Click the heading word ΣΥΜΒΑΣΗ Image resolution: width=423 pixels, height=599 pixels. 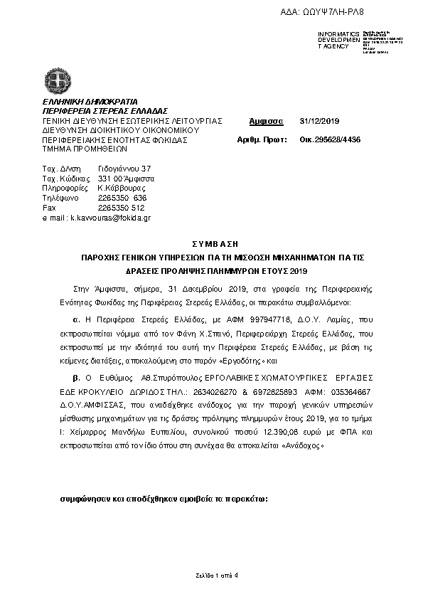[211, 243]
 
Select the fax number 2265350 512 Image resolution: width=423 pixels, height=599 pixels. [122, 208]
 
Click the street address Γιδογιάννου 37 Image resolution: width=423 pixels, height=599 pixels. [124, 168]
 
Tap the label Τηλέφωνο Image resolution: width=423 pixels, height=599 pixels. [59, 198]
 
